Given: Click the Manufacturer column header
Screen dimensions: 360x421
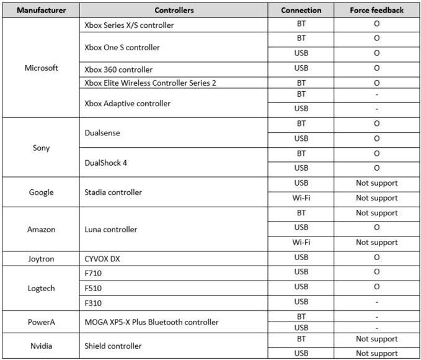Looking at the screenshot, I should pyautogui.click(x=42, y=11).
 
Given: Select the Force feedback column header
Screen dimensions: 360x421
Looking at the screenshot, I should pyautogui.click(x=377, y=11).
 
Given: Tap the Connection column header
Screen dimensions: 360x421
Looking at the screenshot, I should pyautogui.click(x=301, y=11).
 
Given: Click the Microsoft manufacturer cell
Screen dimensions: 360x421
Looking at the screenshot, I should pyautogui.click(x=42, y=68).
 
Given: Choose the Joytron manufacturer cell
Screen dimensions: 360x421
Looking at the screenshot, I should pyautogui.click(x=42, y=258).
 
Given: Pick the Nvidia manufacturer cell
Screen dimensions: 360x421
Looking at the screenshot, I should pyautogui.click(x=42, y=346).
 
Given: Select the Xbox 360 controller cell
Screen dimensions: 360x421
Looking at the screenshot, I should pyautogui.click(x=118, y=70).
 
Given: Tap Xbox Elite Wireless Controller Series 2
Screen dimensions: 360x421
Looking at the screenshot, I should pyautogui.click(x=150, y=83).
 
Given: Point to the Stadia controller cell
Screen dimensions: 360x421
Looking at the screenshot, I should pyautogui.click(x=113, y=192).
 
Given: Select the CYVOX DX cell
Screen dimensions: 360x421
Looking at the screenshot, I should pyautogui.click(x=103, y=258).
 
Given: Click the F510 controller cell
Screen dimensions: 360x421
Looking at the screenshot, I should pyautogui.click(x=93, y=287).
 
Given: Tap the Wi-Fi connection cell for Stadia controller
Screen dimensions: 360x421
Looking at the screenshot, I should pyautogui.click(x=301, y=198).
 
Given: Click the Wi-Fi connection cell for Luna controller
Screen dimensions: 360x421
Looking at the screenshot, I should pyautogui.click(x=301, y=242).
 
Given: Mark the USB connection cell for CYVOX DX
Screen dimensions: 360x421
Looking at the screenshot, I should pyautogui.click(x=301, y=258).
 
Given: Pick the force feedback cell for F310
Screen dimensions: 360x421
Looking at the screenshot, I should pyautogui.click(x=377, y=302).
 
